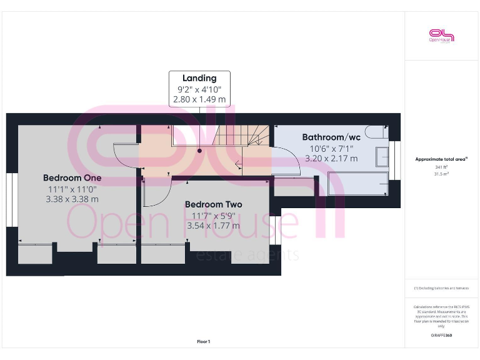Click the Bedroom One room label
pyautogui.click(x=72, y=177)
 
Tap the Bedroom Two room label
pyautogui.click(x=213, y=204)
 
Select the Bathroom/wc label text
pyautogui.click(x=331, y=137)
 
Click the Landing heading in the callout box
pyautogui.click(x=199, y=78)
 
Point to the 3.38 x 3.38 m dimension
pyautogui.click(x=72, y=199)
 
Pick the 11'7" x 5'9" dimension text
pyautogui.click(x=213, y=216)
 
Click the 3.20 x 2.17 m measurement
pyautogui.click(x=331, y=159)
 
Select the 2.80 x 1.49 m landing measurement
pyautogui.click(x=199, y=99)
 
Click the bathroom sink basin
pyautogui.click(x=382, y=157)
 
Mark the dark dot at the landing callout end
pyautogui.click(x=199, y=150)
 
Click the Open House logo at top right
pyautogui.click(x=441, y=36)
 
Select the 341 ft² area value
pyautogui.click(x=441, y=167)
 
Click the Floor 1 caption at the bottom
pyautogui.click(x=204, y=342)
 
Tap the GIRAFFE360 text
pyautogui.click(x=441, y=336)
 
